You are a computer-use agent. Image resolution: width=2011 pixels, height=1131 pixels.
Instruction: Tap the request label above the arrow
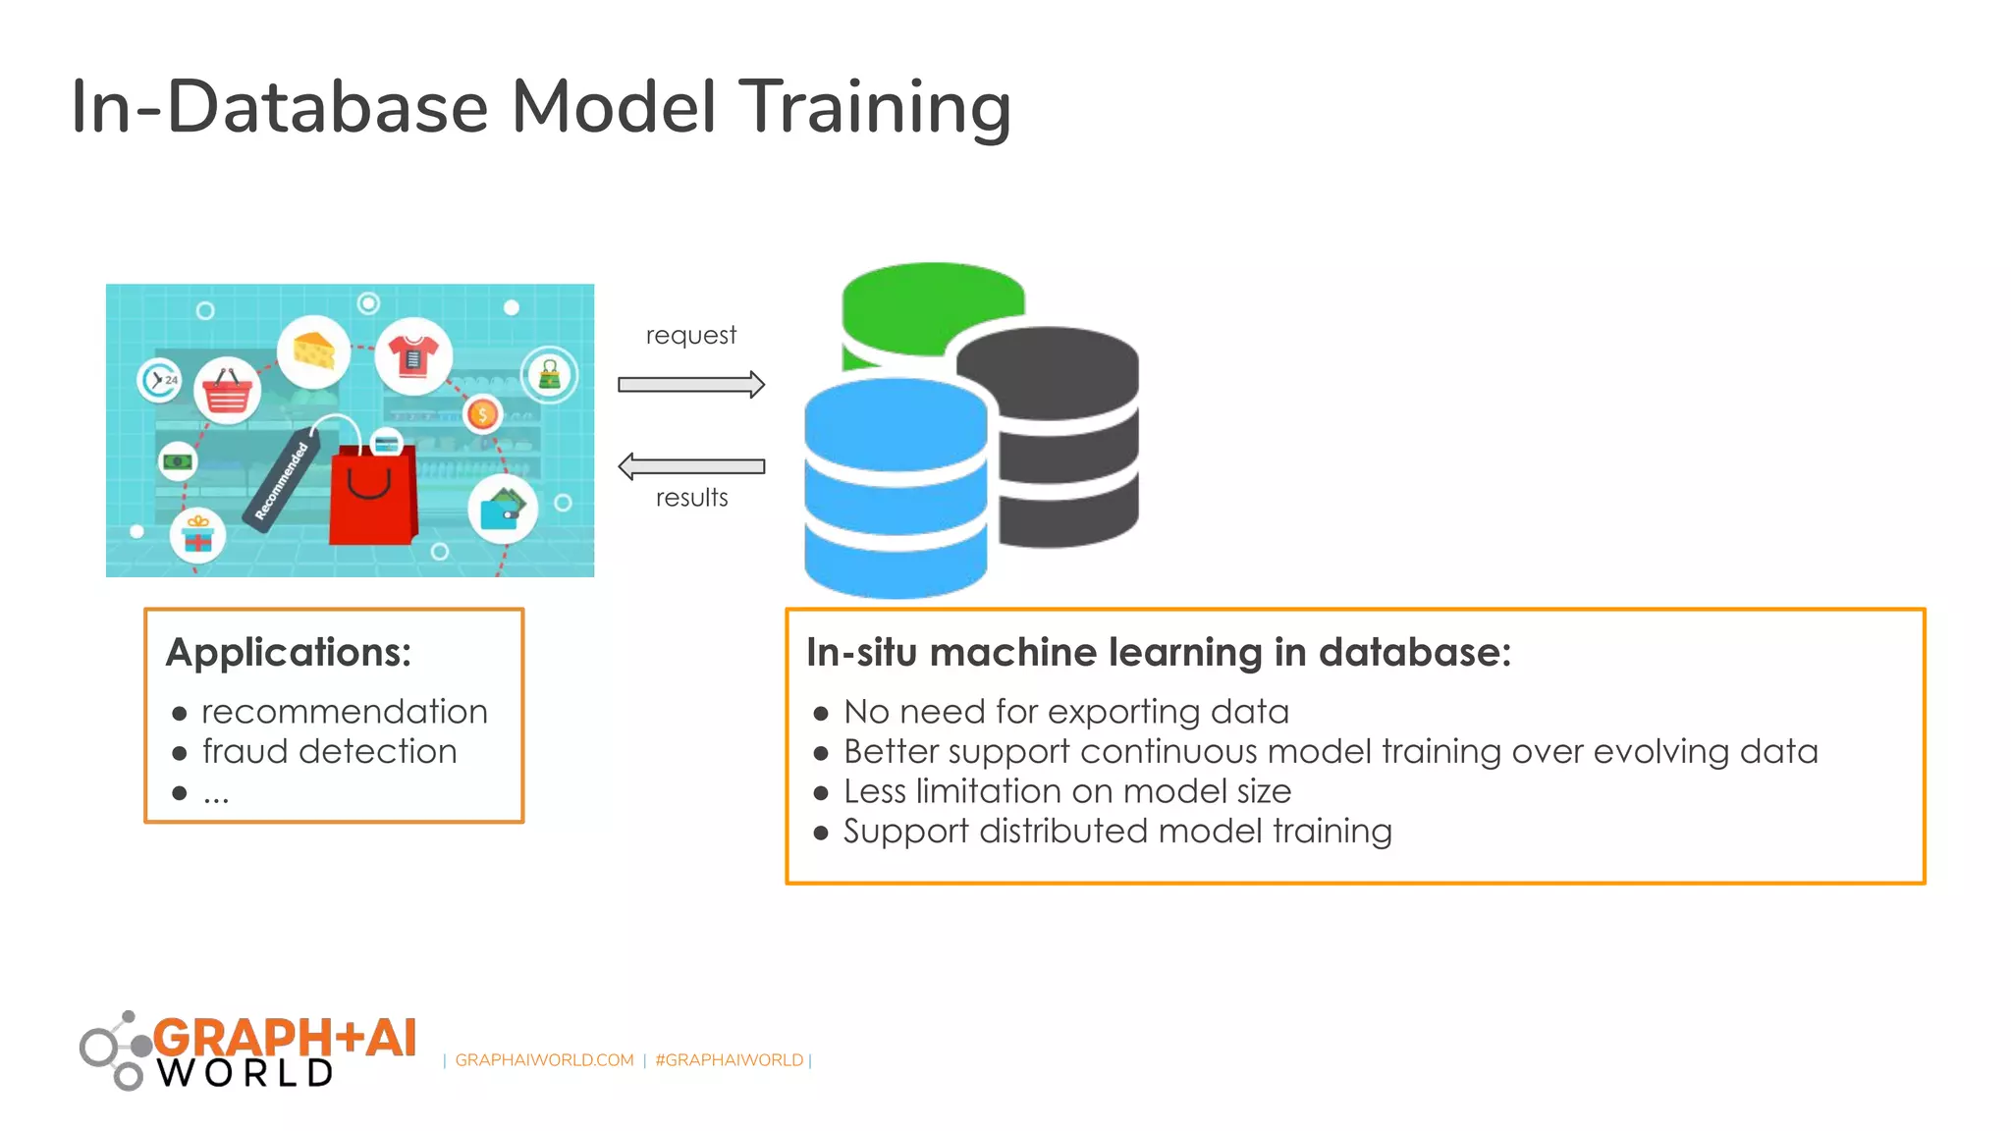[x=690, y=336]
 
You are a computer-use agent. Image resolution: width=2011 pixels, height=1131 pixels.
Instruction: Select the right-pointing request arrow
[x=690, y=385]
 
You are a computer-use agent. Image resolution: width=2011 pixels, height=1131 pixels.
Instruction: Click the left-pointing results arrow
[x=690, y=466]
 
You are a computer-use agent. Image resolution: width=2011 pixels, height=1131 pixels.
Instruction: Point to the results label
[x=691, y=498]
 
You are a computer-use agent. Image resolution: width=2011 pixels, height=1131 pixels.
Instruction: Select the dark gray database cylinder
[x=1065, y=442]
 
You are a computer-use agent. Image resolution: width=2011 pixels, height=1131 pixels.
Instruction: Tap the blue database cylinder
[x=895, y=491]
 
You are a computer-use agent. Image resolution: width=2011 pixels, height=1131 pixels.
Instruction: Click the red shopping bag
[x=372, y=496]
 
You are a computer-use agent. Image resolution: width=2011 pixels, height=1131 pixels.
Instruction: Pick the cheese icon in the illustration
[x=313, y=350]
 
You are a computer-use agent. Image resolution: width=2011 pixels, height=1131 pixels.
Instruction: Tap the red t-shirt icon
[x=413, y=355]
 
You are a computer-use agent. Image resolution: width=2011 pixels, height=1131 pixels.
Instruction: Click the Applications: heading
[x=289, y=653]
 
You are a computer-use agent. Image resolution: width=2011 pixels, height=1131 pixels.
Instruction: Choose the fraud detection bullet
[x=329, y=752]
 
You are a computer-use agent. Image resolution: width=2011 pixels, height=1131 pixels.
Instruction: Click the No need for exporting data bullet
[x=1065, y=712]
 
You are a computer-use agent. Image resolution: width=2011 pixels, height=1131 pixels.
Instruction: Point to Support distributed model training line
[x=1116, y=832]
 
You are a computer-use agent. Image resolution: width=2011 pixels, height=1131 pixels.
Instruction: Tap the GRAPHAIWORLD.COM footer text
[x=544, y=1060]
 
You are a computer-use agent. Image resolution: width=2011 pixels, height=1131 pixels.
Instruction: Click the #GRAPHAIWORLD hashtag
[x=729, y=1060]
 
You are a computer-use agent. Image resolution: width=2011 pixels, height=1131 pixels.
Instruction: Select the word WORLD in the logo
[x=246, y=1073]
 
